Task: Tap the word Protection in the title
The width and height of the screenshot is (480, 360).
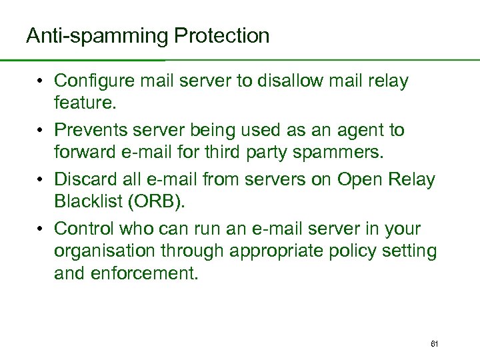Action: coord(222,36)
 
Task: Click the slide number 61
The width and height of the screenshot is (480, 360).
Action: coord(434,344)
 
